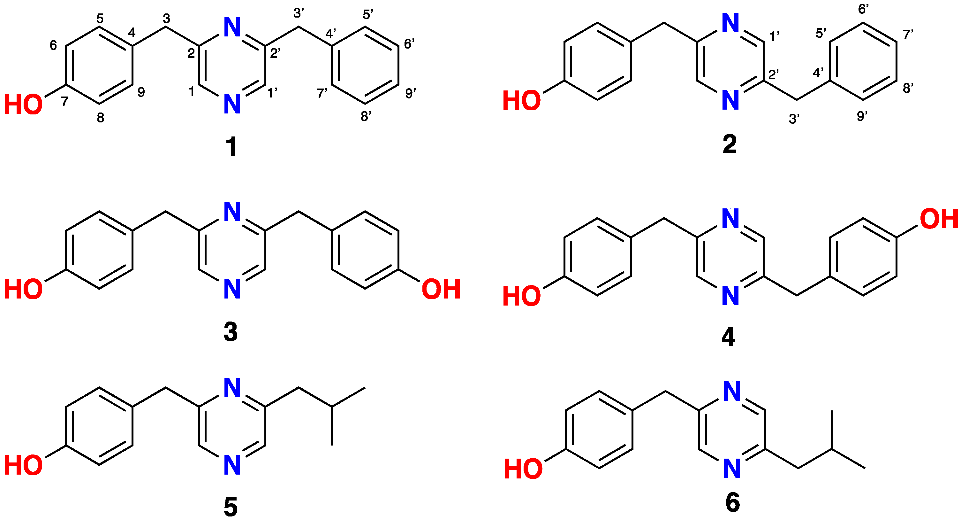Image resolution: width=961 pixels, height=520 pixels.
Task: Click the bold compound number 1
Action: pos(231,146)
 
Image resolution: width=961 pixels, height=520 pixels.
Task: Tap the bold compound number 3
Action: pos(231,332)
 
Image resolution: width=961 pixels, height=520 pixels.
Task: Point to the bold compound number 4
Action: pos(729,337)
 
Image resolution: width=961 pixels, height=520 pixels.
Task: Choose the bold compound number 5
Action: pos(231,507)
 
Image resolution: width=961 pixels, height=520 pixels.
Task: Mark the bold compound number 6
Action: pos(733,502)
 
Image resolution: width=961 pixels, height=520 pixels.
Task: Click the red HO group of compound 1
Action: pos(23,105)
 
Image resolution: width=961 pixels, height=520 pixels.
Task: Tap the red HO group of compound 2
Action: pos(521,101)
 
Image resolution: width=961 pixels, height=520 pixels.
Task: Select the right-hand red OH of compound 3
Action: pos(441,290)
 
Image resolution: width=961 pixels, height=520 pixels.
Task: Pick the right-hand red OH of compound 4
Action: pos(939,219)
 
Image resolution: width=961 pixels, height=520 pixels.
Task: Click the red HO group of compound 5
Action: pos(23,465)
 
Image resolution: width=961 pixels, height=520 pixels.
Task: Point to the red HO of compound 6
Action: pos(523,469)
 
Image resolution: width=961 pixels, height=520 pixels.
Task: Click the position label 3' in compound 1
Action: pos(299,13)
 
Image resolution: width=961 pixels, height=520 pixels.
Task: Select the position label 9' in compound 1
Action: pos(410,93)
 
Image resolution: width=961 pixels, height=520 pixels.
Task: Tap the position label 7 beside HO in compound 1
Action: pos(64,101)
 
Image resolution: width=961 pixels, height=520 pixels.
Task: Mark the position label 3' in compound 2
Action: pos(794,119)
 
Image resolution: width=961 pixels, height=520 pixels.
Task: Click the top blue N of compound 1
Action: pos(232,27)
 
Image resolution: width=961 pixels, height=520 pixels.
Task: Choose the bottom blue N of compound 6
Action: pos(732,469)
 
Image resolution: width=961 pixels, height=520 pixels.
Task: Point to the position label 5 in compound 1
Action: pos(100,18)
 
